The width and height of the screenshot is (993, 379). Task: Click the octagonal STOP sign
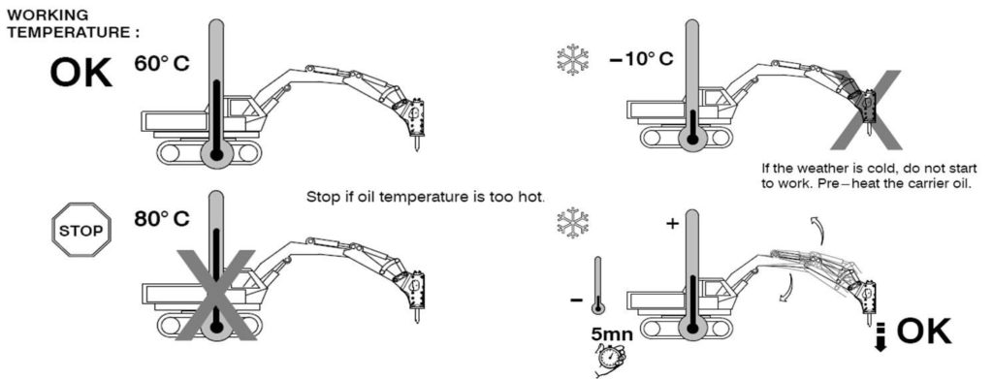[81, 230]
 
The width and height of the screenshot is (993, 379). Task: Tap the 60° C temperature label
[162, 64]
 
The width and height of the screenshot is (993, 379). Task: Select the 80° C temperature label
[162, 219]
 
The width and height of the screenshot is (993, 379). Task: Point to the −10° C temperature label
[641, 59]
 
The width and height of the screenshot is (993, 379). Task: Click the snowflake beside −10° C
[572, 59]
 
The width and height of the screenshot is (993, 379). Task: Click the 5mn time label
[612, 334]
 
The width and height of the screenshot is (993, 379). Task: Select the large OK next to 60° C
[81, 73]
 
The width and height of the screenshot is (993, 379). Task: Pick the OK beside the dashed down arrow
[924, 331]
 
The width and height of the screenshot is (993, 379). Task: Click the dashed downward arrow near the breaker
[880, 335]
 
